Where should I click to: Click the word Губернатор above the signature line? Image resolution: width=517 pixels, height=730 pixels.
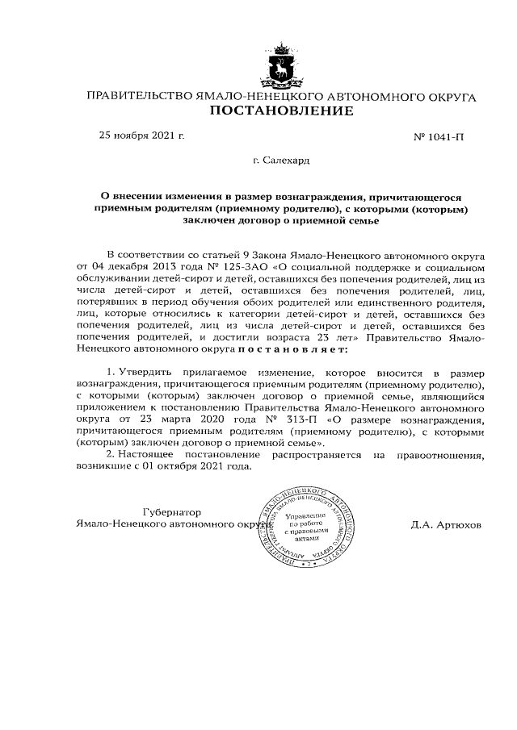[171, 511]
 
